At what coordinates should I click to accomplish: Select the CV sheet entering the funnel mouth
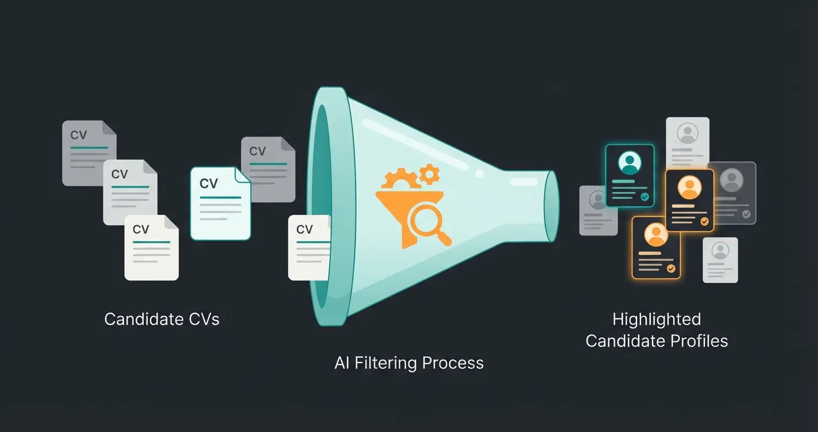pyautogui.click(x=308, y=248)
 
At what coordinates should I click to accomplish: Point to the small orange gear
pyautogui.click(x=429, y=173)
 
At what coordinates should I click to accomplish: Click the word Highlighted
pyautogui.click(x=657, y=319)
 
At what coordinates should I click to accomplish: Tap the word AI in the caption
pyautogui.click(x=342, y=363)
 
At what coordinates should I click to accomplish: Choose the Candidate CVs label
pyautogui.click(x=161, y=319)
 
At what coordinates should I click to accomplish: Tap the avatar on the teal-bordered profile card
pyautogui.click(x=630, y=163)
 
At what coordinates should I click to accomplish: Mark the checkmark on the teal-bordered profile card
pyautogui.click(x=645, y=197)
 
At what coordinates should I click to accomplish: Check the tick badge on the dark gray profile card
pyautogui.click(x=746, y=214)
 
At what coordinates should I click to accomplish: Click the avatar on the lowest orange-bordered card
pyautogui.click(x=656, y=234)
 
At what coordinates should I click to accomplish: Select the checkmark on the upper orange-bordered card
pyautogui.click(x=704, y=221)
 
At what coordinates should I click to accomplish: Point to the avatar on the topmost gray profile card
pyautogui.click(x=687, y=133)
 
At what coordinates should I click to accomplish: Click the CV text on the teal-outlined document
pyautogui.click(x=209, y=184)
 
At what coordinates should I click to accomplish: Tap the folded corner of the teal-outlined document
pyautogui.click(x=244, y=175)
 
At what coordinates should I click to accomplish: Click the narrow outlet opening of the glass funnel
pyautogui.click(x=551, y=206)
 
